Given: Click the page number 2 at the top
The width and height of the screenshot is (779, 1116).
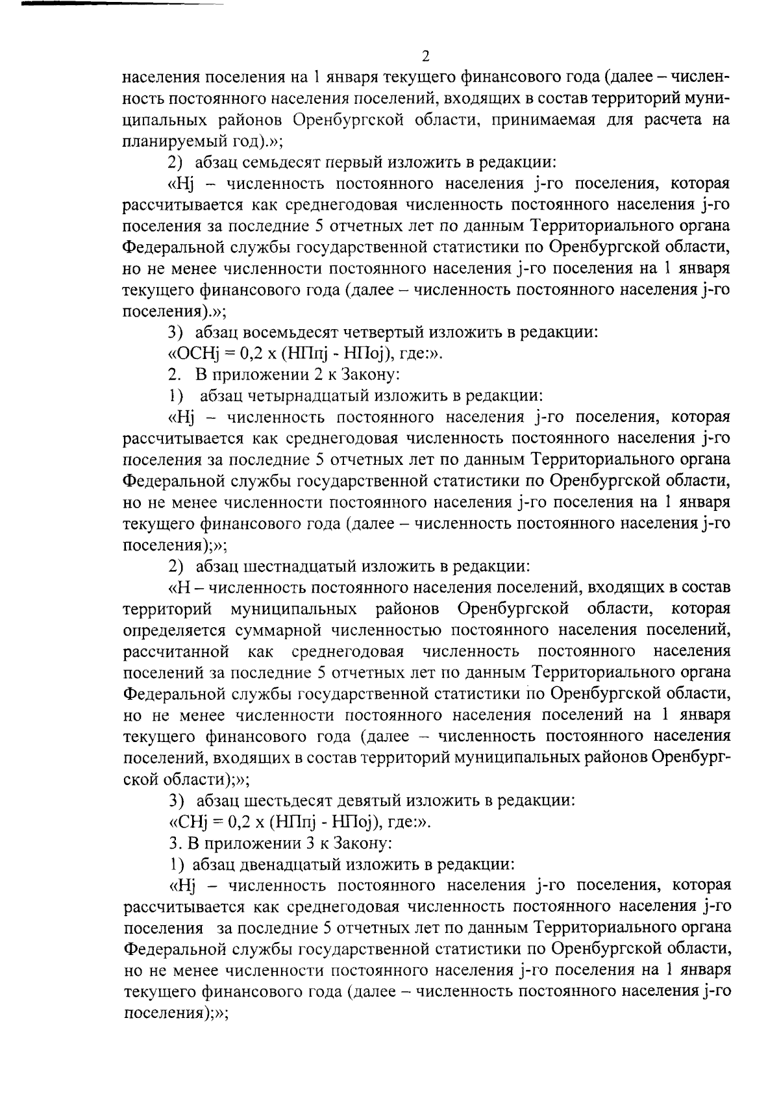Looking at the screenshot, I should pyautogui.click(x=425, y=56).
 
